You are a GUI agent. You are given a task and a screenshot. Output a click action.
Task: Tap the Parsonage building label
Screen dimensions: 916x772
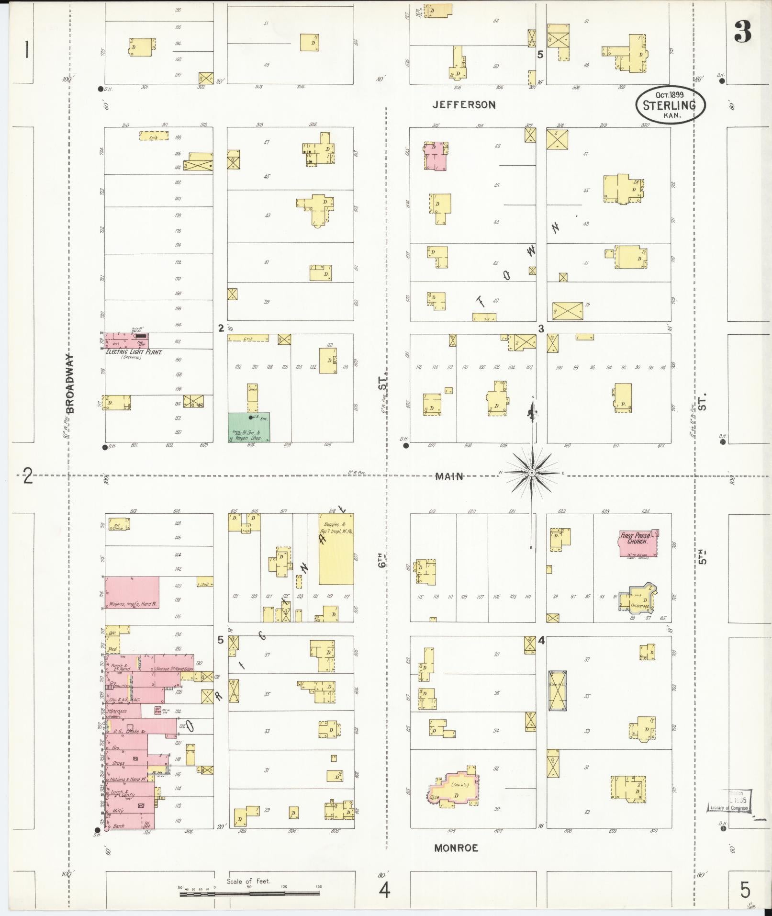pos(639,606)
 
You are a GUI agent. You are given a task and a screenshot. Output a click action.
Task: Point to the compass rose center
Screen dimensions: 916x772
pos(531,473)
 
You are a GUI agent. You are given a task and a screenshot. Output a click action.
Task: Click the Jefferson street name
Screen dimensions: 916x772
pos(464,105)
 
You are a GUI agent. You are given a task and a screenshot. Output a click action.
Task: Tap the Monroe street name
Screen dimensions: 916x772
pos(456,848)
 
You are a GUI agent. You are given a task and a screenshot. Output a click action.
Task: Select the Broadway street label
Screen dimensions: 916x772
pos(70,383)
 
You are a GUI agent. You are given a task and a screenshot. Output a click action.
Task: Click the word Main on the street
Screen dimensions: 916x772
pos(449,476)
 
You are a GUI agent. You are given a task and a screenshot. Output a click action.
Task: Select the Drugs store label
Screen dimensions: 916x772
pos(118,763)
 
